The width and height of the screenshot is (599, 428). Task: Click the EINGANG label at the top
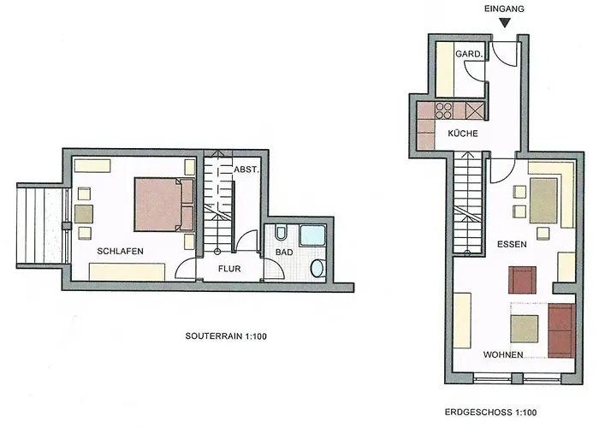pyautogui.click(x=504, y=9)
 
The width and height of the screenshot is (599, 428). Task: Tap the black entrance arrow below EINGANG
pyautogui.click(x=505, y=23)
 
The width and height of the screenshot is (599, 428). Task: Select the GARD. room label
pyautogui.click(x=469, y=54)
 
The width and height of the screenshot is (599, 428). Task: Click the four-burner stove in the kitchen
pyautogui.click(x=444, y=110)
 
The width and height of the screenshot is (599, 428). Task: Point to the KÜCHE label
pyautogui.click(x=463, y=134)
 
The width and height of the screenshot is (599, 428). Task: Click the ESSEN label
pyautogui.click(x=512, y=244)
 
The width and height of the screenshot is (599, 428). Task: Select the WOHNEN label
pyautogui.click(x=503, y=354)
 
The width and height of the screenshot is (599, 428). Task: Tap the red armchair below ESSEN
pyautogui.click(x=522, y=280)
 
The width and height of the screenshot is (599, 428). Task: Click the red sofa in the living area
pyautogui.click(x=561, y=331)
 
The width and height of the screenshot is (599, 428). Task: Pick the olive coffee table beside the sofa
pyautogui.click(x=524, y=329)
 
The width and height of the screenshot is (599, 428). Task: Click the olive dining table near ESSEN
pyautogui.click(x=543, y=201)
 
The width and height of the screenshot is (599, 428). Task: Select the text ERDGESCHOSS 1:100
pyautogui.click(x=490, y=413)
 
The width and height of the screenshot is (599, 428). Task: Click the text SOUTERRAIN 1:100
pyautogui.click(x=226, y=336)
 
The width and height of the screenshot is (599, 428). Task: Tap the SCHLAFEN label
pyautogui.click(x=120, y=251)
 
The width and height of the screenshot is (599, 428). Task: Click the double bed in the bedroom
pyautogui.click(x=164, y=205)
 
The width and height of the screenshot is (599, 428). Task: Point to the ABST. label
pyautogui.click(x=246, y=169)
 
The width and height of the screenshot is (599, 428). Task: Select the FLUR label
pyautogui.click(x=229, y=269)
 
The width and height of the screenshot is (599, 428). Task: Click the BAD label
pyautogui.click(x=284, y=253)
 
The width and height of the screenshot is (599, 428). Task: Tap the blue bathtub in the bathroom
pyautogui.click(x=312, y=235)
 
